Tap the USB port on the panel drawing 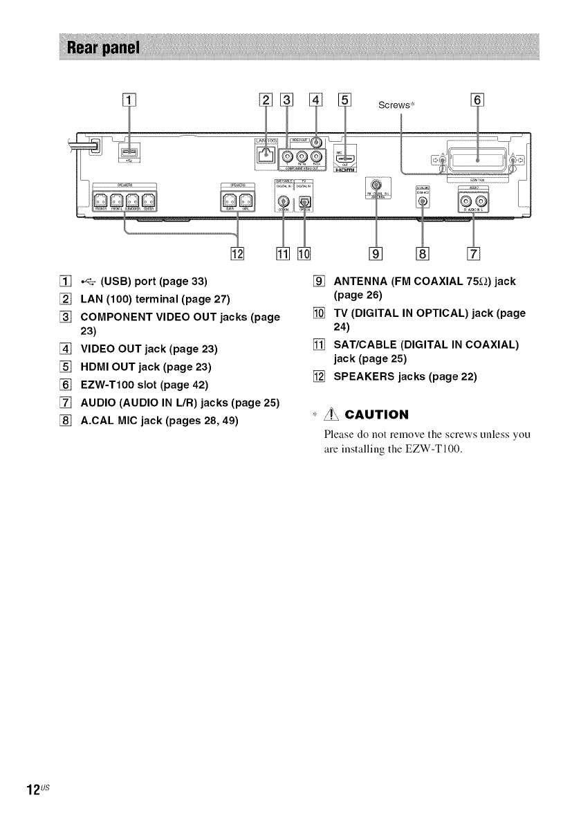(129, 152)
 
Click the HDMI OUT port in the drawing (346, 157)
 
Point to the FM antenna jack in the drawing (376, 185)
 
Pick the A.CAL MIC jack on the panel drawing (424, 201)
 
